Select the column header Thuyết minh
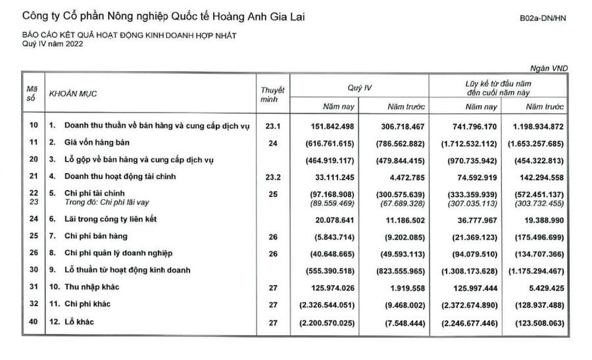[x=272, y=94]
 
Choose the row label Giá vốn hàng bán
[x=97, y=141]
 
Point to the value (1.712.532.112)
[x=466, y=141]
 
